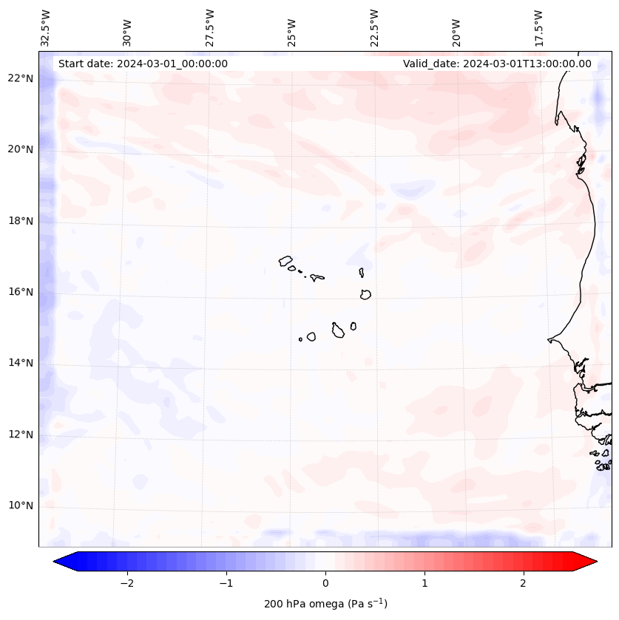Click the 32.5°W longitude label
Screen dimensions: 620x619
coord(46,28)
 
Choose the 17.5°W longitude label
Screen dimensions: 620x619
coord(538,28)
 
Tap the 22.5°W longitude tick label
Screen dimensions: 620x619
coord(374,28)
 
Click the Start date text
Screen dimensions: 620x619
coord(143,64)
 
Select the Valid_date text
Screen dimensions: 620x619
coord(497,64)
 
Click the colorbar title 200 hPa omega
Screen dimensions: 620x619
coord(325,604)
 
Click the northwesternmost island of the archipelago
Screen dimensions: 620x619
coord(285,260)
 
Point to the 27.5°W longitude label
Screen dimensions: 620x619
coord(210,28)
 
